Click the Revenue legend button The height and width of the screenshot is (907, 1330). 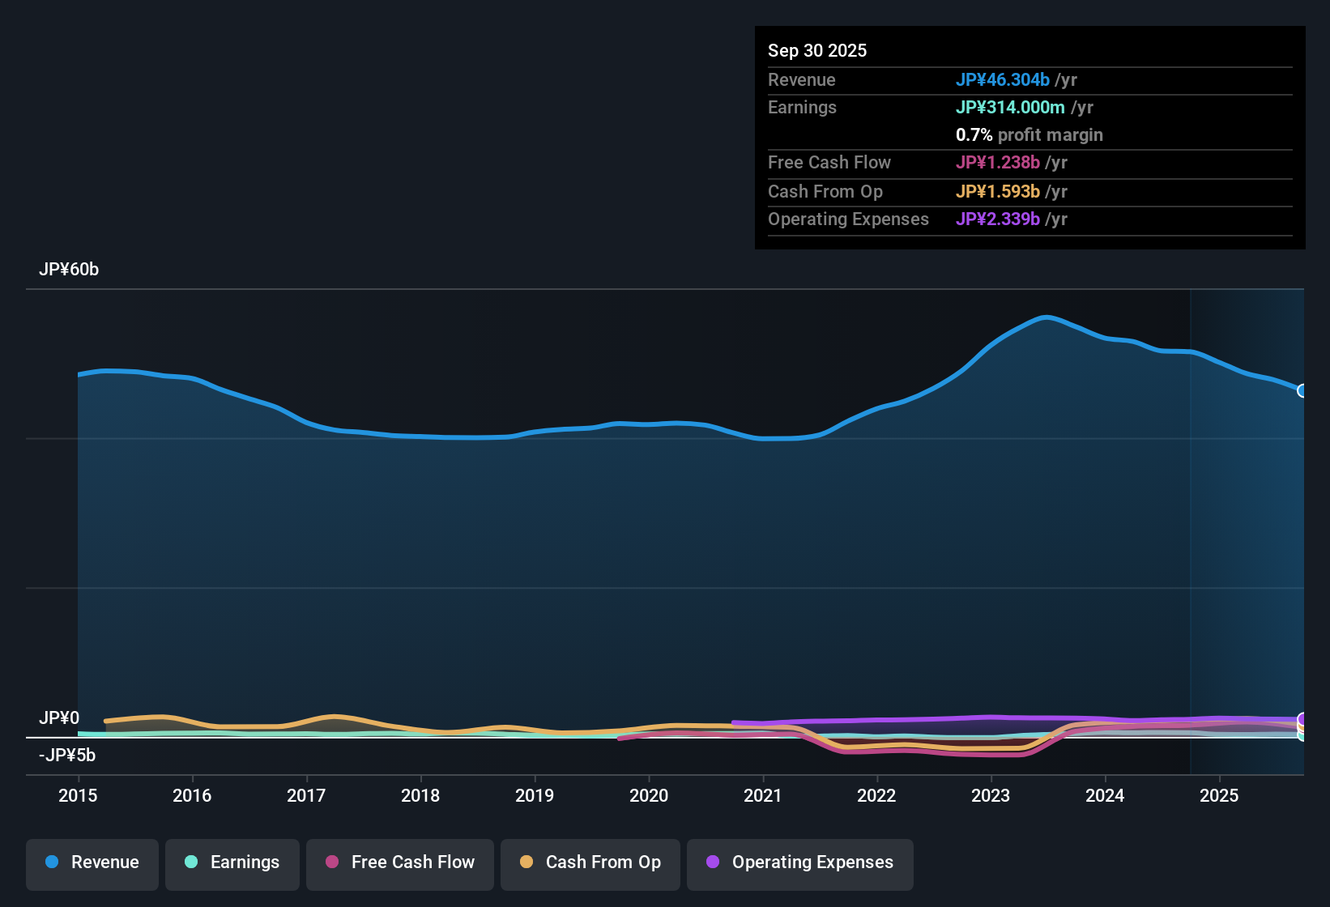(92, 862)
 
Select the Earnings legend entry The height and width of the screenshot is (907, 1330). (232, 862)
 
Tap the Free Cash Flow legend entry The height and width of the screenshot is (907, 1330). (400, 862)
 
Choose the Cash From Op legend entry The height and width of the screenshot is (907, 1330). (590, 862)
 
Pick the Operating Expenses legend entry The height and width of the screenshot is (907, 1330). (800, 862)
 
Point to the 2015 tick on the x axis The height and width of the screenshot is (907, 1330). (78, 795)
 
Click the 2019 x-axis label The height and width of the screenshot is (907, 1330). (535, 795)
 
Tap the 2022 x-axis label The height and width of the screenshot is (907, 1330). (876, 795)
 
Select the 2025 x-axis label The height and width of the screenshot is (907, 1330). (1219, 795)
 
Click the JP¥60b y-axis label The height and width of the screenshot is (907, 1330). (69, 270)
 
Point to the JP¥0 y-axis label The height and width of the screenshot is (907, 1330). (59, 718)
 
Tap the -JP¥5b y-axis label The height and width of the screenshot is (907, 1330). (67, 756)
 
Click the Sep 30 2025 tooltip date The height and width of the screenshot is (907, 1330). (817, 50)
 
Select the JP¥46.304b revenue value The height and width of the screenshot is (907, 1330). (1002, 79)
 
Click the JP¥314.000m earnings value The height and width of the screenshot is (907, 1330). (1010, 107)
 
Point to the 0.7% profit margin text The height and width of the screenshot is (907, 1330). (1029, 134)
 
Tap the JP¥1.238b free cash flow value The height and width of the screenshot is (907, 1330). (997, 162)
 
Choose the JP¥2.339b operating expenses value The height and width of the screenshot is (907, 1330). (997, 219)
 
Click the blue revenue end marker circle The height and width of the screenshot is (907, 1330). (1302, 391)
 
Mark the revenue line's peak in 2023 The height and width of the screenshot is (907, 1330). (1047, 317)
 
